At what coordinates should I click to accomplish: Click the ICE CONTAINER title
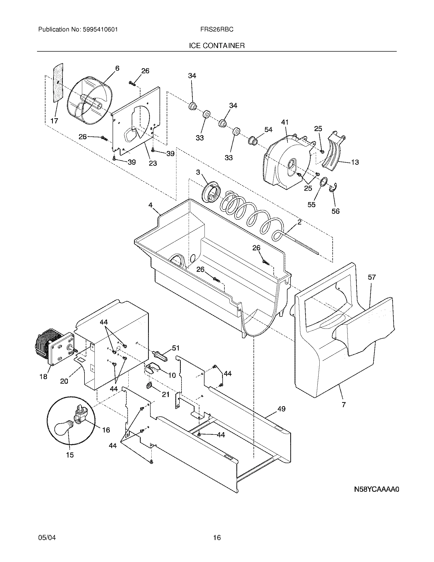(x=217, y=46)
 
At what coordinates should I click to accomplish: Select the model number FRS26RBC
(x=217, y=30)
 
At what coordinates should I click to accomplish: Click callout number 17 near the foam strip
(x=54, y=121)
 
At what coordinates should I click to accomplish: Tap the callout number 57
(x=372, y=277)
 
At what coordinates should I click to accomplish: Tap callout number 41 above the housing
(x=285, y=122)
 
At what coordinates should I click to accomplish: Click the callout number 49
(x=282, y=409)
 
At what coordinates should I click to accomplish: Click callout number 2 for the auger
(x=299, y=223)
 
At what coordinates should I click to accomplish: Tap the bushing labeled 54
(x=252, y=141)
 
